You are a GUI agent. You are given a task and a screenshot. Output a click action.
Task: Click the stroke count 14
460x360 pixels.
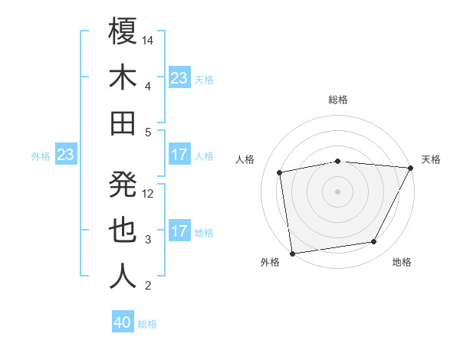[x=149, y=39]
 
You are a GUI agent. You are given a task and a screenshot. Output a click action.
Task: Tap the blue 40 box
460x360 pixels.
[x=123, y=322]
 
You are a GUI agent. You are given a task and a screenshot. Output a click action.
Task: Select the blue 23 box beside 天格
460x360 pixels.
[x=179, y=78]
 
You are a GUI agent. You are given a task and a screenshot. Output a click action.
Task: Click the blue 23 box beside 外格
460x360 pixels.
[x=66, y=155]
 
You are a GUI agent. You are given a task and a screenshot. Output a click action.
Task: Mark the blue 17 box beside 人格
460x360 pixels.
[x=179, y=155]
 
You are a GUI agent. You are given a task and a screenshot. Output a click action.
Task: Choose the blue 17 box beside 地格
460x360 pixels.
[x=179, y=231]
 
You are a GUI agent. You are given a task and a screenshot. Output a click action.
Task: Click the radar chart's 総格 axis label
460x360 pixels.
[x=338, y=100]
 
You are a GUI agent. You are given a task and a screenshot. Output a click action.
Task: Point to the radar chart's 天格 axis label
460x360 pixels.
[x=431, y=159]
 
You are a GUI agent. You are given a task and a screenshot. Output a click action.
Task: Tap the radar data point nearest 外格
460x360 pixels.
[x=292, y=253]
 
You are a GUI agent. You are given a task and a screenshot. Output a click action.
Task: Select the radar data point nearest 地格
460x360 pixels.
[x=374, y=242]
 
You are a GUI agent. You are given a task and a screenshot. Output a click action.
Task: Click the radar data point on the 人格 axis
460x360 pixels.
[x=280, y=172]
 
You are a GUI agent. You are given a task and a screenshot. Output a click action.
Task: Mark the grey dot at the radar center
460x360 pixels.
[x=337, y=191]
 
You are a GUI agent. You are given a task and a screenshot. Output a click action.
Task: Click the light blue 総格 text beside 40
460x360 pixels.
[x=147, y=324]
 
